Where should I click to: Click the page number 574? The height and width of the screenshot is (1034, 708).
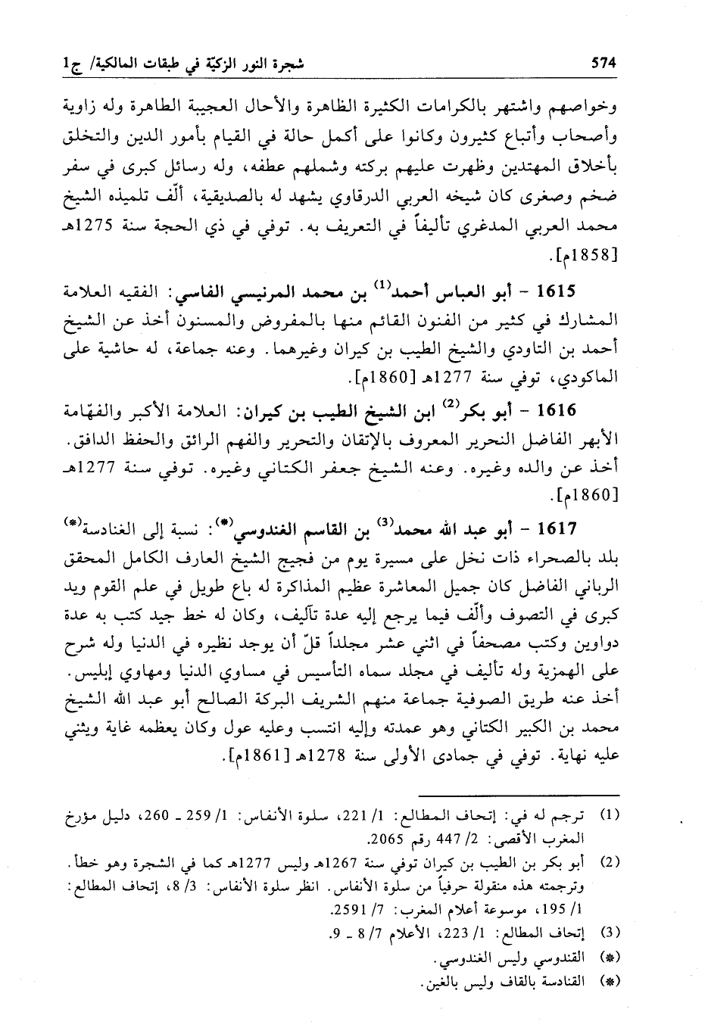pos(605,64)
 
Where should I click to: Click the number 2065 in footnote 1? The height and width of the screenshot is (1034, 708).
pos(383,839)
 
